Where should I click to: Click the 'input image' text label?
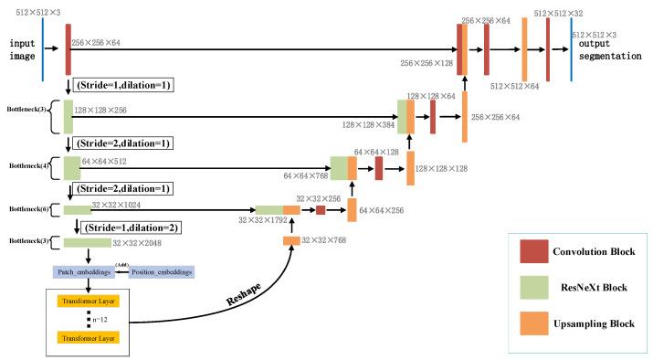(22, 49)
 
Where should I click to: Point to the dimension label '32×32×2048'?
(139, 244)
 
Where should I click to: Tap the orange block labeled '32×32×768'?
(291, 240)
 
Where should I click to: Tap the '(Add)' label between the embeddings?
(120, 266)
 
